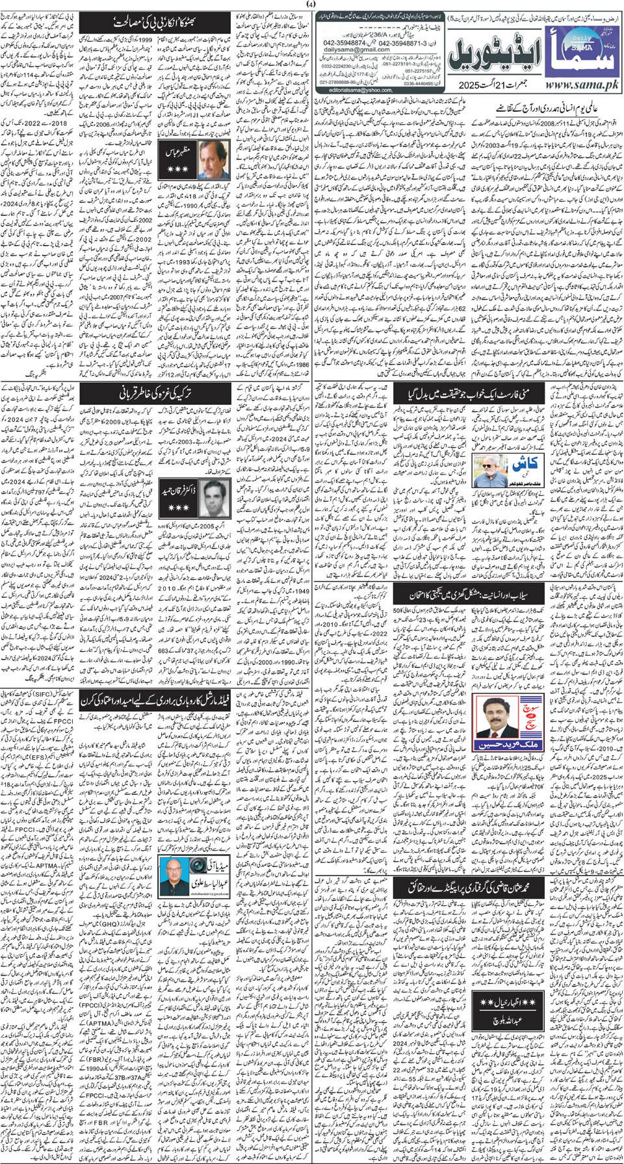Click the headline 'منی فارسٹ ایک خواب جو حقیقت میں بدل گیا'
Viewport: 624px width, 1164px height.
pyautogui.click(x=469, y=393)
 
